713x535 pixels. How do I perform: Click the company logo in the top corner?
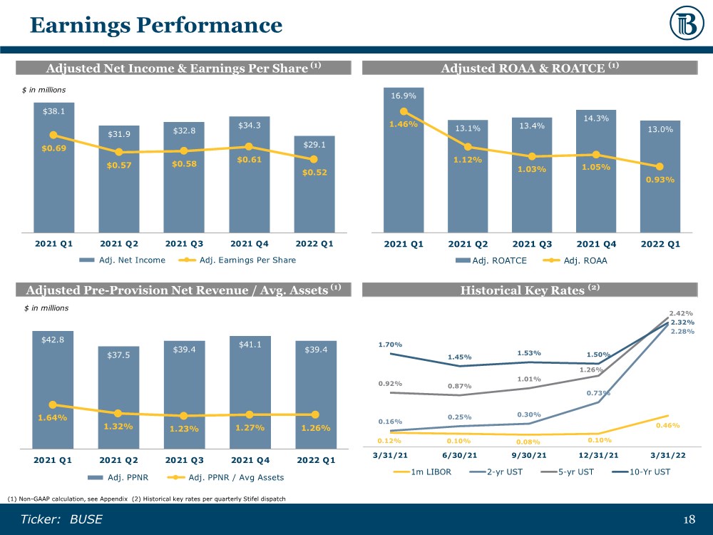pyautogui.click(x=687, y=26)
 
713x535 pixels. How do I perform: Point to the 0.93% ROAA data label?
pyautogui.click(x=660, y=179)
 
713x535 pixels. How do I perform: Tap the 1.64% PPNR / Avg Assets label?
pyautogui.click(x=53, y=418)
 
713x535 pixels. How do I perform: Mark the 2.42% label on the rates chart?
pyautogui.click(x=681, y=312)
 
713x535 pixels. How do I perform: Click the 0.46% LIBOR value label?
pyautogui.click(x=668, y=425)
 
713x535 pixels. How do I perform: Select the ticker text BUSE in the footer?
pyautogui.click(x=86, y=519)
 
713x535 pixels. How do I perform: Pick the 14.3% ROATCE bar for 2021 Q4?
pyautogui.click(x=596, y=178)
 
